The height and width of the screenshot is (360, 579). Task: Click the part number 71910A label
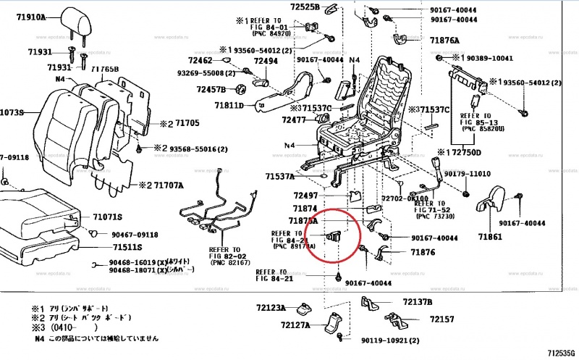28,16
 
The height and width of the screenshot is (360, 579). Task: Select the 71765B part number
105,69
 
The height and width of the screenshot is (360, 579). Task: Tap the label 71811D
230,106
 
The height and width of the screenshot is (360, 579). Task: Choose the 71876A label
444,41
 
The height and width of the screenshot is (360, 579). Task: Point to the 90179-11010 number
467,175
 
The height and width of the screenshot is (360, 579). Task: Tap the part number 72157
441,319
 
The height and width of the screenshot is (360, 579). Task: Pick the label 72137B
418,301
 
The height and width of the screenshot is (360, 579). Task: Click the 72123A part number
270,308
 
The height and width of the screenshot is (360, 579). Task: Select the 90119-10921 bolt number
390,340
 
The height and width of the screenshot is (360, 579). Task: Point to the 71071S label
106,217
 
